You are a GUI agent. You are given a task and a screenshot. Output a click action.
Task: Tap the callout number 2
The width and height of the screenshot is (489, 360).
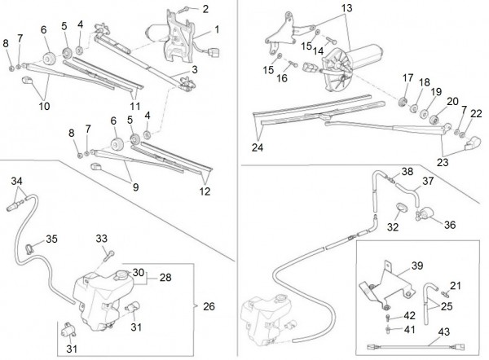coord(205,9)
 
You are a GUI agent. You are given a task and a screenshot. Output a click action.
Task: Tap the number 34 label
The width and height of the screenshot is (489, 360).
coord(15,181)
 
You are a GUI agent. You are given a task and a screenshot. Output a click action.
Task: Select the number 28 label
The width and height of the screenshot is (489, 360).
coord(165,277)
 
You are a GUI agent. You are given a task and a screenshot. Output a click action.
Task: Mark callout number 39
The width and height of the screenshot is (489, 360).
coord(416,267)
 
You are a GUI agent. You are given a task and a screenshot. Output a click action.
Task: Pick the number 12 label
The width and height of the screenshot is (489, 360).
coord(205,191)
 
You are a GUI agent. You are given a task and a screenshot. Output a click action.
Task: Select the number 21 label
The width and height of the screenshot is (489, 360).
coord(455,285)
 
